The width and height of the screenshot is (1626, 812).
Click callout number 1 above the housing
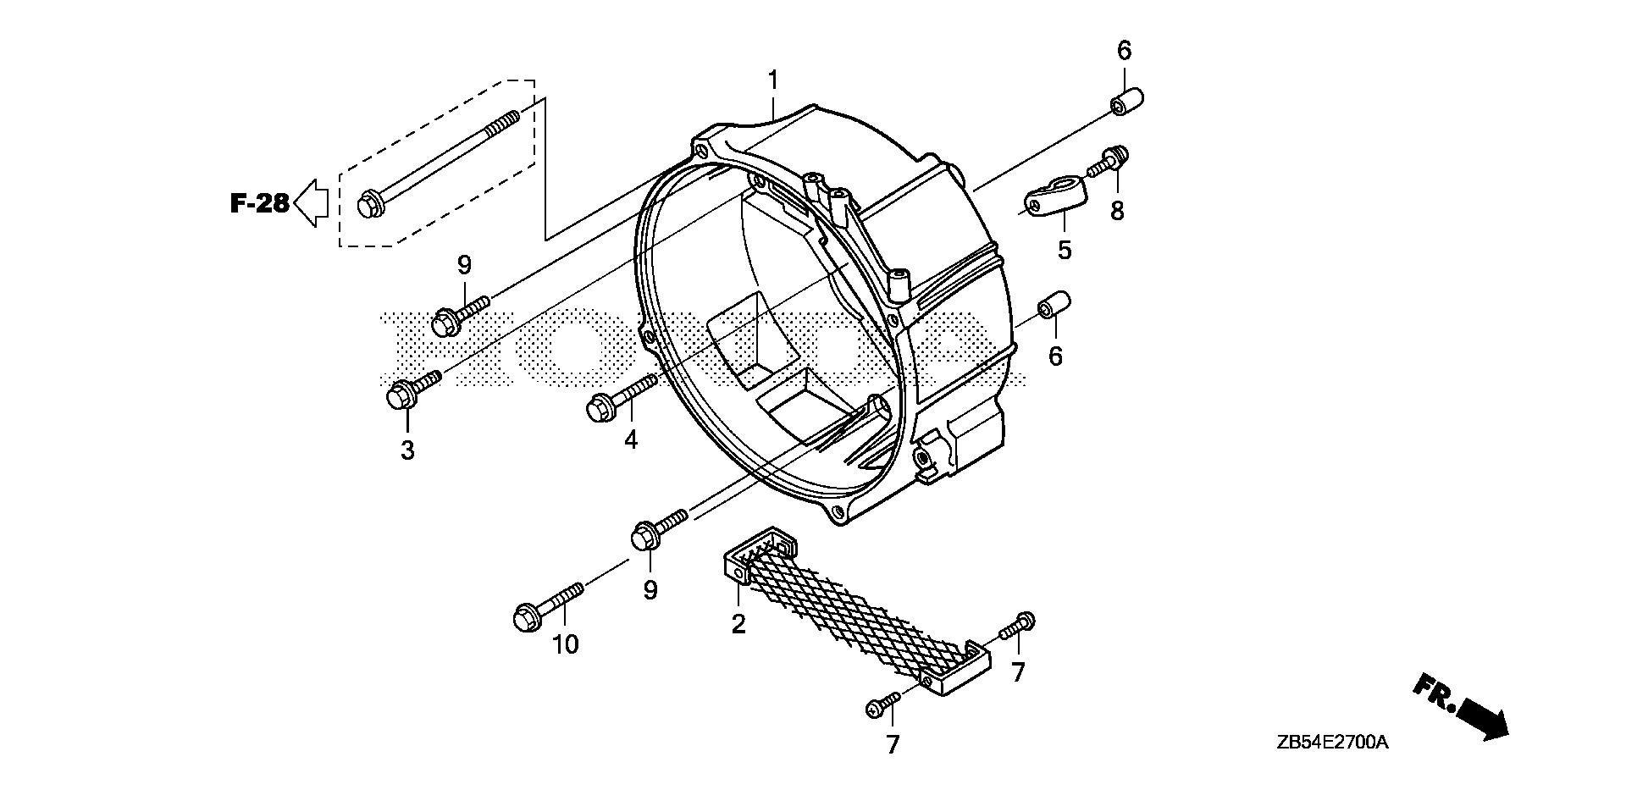[772, 81]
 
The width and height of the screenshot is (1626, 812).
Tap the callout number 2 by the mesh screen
[738, 625]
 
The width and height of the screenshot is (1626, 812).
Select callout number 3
[407, 450]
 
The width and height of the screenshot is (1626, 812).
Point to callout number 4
[630, 439]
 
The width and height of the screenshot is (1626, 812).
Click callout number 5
[1064, 250]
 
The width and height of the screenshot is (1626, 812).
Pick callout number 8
[1117, 211]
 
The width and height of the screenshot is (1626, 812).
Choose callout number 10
[565, 645]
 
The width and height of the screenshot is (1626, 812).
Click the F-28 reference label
[260, 203]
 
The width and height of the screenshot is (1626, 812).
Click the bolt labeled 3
[412, 386]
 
